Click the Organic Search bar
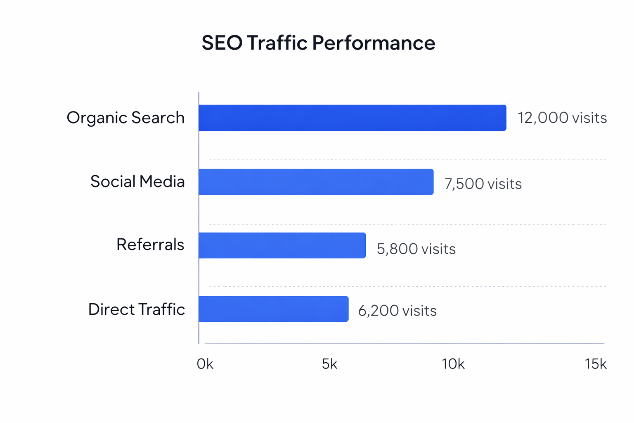click(352, 118)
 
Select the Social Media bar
click(316, 182)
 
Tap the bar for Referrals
click(282, 245)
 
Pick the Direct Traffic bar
click(273, 309)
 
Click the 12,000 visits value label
click(562, 118)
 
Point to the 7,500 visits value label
click(483, 184)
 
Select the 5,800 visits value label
click(416, 249)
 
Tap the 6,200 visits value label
click(397, 310)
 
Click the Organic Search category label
click(125, 118)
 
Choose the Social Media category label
click(137, 181)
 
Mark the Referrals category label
click(150, 245)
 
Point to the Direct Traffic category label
click(137, 309)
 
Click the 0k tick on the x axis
click(205, 364)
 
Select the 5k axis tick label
click(329, 364)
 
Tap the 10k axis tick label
click(453, 364)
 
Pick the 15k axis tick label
click(595, 364)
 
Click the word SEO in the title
click(222, 43)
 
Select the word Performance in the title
click(374, 43)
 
